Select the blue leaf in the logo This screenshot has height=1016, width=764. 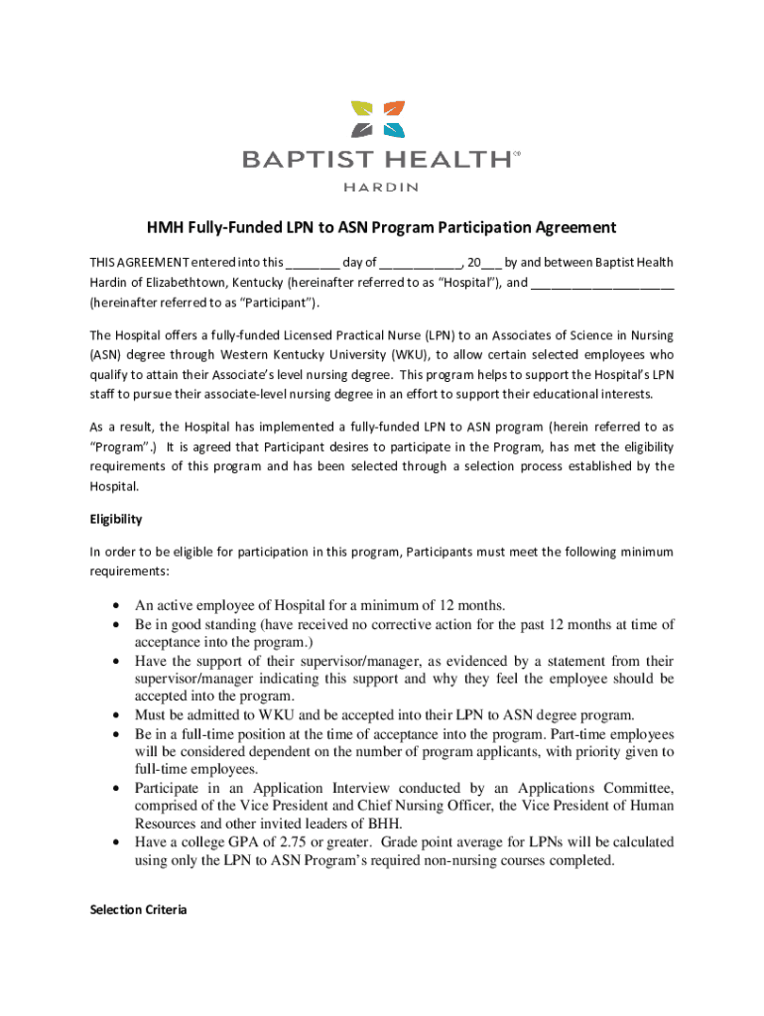tap(394, 129)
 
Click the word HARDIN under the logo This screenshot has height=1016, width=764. tap(381, 186)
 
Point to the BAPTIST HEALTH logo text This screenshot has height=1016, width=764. tap(377, 159)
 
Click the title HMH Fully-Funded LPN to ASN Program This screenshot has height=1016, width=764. tap(382, 228)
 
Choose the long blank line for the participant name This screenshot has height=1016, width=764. tap(602, 284)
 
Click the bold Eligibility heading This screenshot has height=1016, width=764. tap(116, 519)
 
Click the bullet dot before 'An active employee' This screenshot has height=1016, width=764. tap(117, 606)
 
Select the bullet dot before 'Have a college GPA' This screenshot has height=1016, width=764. tap(117, 842)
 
